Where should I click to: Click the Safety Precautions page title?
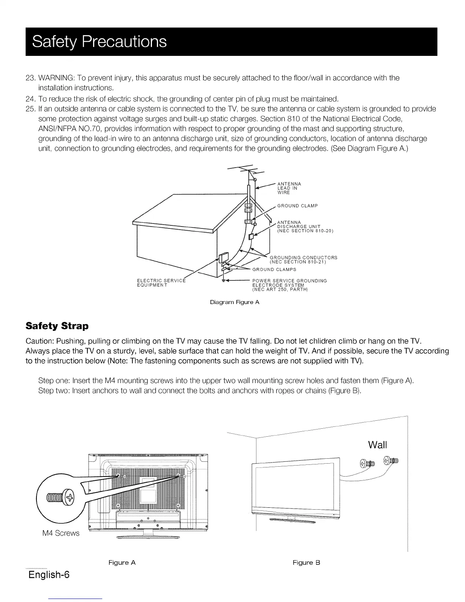click(x=100, y=41)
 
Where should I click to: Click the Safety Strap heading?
click(x=57, y=326)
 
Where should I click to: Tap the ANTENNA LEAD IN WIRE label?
click(x=289, y=188)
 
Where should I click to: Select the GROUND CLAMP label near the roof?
click(x=297, y=206)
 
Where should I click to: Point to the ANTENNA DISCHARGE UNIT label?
click(x=305, y=227)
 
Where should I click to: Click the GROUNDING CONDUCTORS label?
click(x=303, y=260)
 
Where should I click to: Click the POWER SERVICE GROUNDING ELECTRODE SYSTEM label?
click(x=289, y=285)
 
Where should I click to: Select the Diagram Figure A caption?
click(x=235, y=303)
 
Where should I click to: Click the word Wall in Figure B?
click(x=377, y=445)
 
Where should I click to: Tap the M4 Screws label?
click(x=61, y=533)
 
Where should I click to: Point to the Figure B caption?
click(x=307, y=562)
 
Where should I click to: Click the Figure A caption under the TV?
click(x=122, y=562)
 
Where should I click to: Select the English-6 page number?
click(x=49, y=574)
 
